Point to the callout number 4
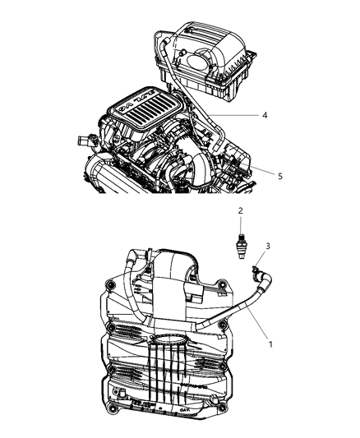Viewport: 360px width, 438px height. [265, 116]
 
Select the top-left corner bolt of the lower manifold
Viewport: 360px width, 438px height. [109, 287]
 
